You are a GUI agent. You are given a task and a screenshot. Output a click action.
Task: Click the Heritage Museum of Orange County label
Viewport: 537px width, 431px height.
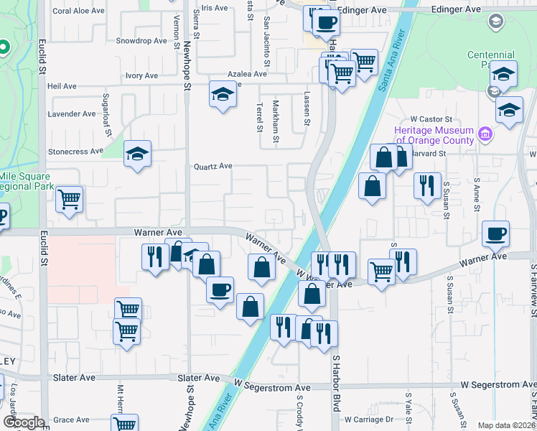(434, 134)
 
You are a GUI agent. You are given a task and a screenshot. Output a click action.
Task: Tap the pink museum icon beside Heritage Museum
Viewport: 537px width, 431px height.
(485, 134)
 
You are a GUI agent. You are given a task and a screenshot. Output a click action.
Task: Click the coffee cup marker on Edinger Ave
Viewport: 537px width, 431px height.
(325, 22)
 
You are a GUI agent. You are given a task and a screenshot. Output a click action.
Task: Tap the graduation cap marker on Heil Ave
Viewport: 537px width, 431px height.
(223, 94)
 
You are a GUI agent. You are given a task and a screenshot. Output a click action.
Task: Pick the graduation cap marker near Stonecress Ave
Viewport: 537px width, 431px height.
(137, 154)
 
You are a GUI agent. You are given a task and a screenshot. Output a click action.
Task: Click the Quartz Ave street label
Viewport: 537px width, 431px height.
(213, 166)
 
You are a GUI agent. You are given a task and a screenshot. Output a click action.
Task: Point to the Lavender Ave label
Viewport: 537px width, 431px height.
(71, 113)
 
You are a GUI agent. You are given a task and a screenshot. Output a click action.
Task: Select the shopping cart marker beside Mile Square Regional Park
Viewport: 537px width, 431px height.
(69, 199)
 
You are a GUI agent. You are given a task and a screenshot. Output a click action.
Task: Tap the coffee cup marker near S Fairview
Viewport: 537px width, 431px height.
(495, 233)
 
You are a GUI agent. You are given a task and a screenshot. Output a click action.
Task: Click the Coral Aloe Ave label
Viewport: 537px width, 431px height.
(80, 11)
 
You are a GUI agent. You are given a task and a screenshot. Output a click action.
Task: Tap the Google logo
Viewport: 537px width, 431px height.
(23, 422)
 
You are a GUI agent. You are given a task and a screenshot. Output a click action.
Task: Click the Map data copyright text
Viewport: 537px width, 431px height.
(506, 425)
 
